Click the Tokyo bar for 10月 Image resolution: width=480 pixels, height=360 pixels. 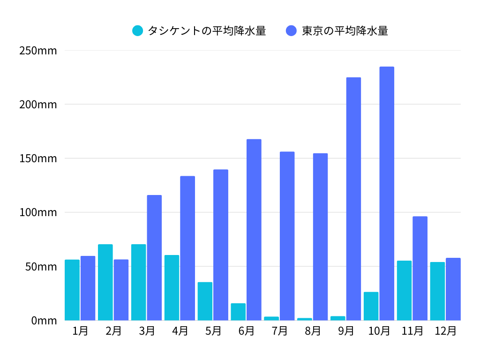(387, 194)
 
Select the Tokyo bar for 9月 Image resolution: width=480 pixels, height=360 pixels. (353, 199)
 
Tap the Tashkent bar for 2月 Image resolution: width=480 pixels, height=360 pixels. (105, 282)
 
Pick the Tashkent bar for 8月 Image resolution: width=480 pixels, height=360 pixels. (304, 319)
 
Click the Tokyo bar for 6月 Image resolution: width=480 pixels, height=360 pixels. (254, 230)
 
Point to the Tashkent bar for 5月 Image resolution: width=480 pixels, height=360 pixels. (205, 301)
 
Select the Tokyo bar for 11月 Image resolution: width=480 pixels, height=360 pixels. (420, 268)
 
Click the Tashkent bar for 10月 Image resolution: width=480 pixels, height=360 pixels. (371, 306)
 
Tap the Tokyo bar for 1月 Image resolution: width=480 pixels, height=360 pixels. (88, 288)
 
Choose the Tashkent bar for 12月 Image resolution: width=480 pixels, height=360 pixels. (437, 291)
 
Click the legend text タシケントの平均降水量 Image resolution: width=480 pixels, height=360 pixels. (207, 31)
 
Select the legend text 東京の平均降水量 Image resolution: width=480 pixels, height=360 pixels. (345, 31)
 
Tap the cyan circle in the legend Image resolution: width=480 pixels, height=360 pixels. (138, 31)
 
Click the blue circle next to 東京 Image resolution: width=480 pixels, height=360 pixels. (291, 31)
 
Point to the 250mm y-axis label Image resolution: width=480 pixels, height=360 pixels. (38, 51)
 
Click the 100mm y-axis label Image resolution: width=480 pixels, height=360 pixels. (38, 212)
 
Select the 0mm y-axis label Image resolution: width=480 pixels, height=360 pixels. (44, 321)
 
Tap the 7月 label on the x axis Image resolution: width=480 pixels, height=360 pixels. (279, 331)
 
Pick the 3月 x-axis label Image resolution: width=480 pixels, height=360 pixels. (147, 331)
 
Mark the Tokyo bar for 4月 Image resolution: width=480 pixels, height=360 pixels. (187, 248)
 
